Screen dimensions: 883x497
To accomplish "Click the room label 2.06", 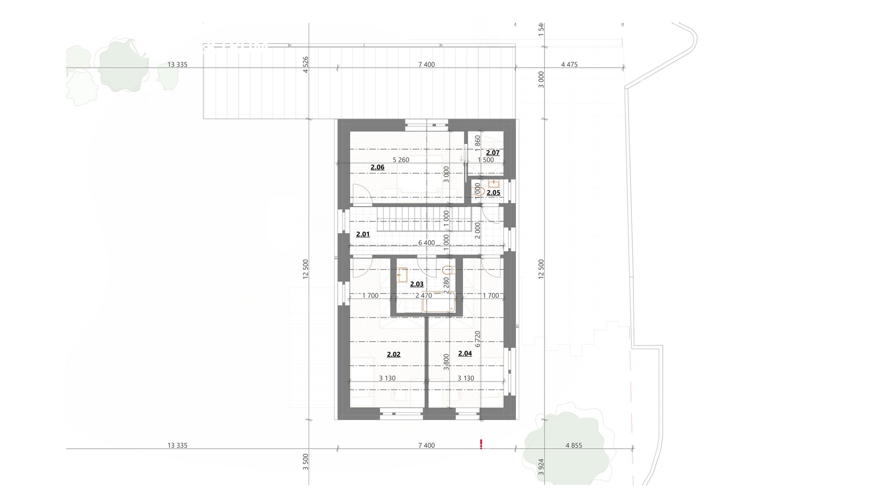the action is point(378,167).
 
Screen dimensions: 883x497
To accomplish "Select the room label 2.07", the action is point(493,153).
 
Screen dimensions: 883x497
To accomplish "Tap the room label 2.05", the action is point(493,193).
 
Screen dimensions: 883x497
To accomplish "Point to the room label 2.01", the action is point(363,234).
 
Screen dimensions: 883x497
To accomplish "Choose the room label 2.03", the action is point(417,284).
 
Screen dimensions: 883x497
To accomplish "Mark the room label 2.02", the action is point(394,354).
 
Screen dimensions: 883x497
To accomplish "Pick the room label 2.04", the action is point(465,353).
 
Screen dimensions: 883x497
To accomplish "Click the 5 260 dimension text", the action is point(401,160).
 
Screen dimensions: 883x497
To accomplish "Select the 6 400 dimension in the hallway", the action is point(426,243).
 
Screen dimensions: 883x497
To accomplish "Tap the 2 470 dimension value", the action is point(424,296).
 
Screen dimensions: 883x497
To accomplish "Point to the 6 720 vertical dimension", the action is point(477,339).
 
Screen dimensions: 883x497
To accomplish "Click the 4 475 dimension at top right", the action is point(569,65).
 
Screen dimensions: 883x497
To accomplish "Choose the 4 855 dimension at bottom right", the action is point(574,445).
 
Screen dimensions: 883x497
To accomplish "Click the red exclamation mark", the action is point(481,444).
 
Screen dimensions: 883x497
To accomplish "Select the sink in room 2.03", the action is point(402,275).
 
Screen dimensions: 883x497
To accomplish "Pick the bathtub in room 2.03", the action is point(439,302).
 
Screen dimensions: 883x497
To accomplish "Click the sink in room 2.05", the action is point(494,184).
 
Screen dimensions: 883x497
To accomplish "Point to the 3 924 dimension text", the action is point(541,467).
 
